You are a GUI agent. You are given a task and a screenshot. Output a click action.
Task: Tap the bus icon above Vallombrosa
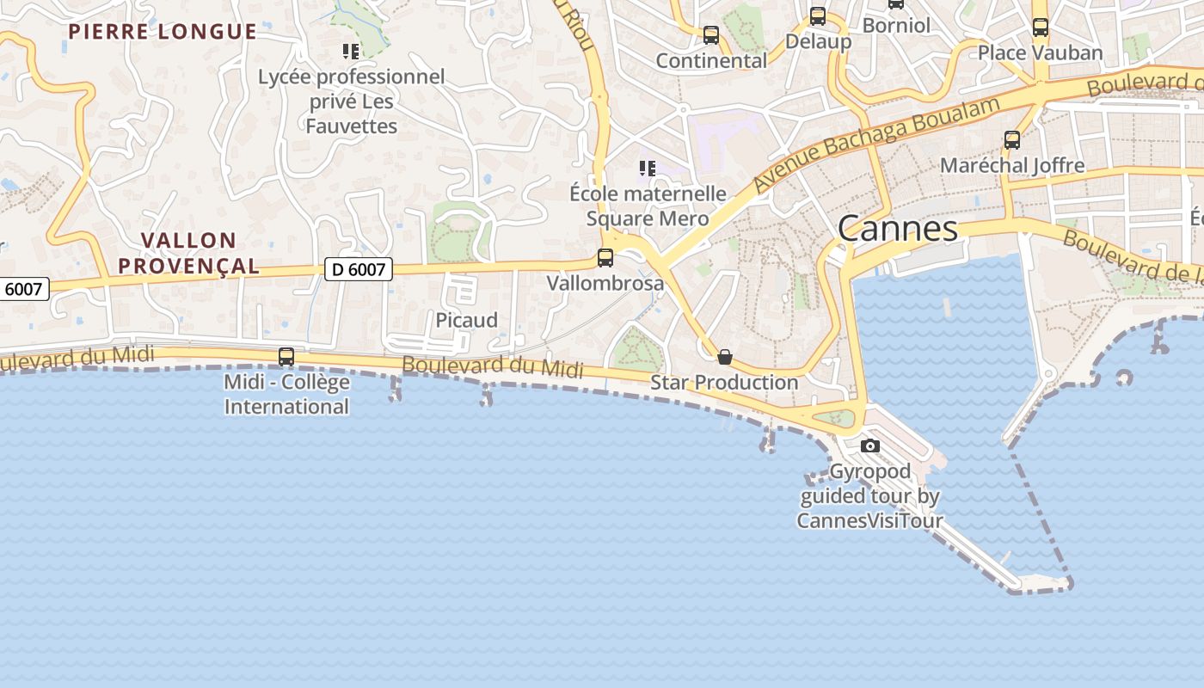click(605, 257)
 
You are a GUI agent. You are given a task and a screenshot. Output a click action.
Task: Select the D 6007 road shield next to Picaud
click(359, 269)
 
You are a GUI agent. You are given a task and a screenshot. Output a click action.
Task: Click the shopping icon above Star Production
click(725, 357)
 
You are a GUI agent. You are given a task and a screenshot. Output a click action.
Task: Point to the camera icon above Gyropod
click(870, 445)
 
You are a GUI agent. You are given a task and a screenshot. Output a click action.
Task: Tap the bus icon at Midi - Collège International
click(286, 356)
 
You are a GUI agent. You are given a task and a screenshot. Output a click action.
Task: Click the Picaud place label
click(466, 320)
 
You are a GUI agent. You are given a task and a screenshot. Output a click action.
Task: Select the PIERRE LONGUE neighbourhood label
click(163, 32)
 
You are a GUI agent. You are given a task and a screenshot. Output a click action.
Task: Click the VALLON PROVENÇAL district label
click(188, 253)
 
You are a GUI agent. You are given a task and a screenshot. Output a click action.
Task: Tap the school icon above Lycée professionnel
click(350, 52)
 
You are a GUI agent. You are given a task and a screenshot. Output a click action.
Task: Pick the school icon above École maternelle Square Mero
click(648, 168)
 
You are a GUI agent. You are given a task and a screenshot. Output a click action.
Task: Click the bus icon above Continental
click(711, 35)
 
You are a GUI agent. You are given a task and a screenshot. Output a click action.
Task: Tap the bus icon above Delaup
click(818, 16)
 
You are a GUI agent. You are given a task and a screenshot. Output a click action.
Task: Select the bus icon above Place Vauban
click(1041, 28)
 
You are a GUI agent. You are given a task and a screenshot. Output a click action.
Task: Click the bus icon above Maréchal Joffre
click(1012, 140)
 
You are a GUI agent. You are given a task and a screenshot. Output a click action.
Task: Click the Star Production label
click(724, 382)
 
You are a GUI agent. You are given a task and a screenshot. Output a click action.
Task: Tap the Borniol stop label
click(896, 26)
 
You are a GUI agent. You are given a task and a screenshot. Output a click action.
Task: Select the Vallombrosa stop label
click(605, 283)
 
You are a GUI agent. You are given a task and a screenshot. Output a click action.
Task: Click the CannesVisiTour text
click(869, 520)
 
